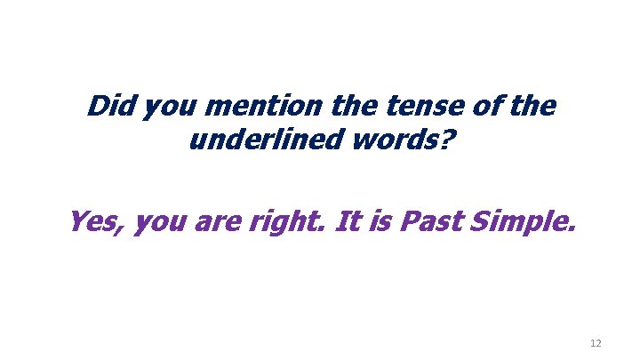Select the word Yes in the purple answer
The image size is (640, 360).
[x=96, y=219]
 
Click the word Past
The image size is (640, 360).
[x=430, y=219]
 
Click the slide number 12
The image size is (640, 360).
[x=595, y=342]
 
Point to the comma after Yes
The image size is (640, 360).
[x=127, y=230]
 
